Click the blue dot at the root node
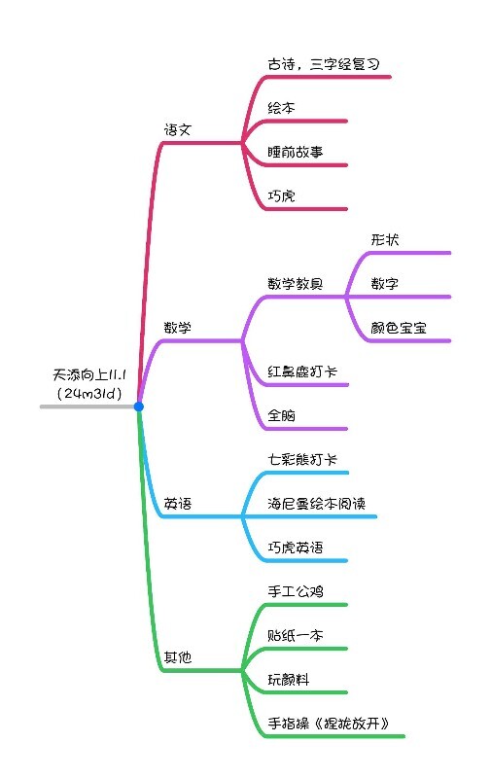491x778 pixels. click(x=139, y=407)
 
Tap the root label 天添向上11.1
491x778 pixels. click(x=89, y=374)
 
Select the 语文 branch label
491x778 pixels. click(x=178, y=130)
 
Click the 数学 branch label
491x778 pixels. click(x=178, y=328)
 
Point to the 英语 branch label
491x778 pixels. click(x=178, y=504)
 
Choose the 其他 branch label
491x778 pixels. click(x=178, y=657)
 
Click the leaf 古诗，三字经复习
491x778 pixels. click(x=324, y=64)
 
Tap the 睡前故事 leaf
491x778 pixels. click(x=296, y=152)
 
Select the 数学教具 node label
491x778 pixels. click(x=296, y=284)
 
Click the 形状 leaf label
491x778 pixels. click(x=385, y=240)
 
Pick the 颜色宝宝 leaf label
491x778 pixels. click(x=399, y=328)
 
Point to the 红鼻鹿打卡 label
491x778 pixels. click(x=302, y=371)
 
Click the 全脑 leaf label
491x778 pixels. click(x=282, y=415)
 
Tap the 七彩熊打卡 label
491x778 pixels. click(x=302, y=459)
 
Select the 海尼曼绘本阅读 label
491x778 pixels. click(x=316, y=504)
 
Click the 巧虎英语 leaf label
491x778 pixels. click(x=296, y=548)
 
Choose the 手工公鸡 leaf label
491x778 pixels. click(x=296, y=591)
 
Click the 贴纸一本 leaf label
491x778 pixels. click(x=296, y=635)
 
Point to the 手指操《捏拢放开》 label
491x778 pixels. click(x=329, y=724)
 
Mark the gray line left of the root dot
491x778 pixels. click(x=87, y=407)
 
